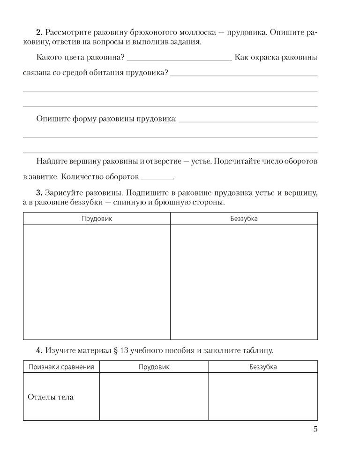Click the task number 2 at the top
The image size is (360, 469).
pos(39,33)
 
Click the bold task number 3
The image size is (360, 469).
pos(39,193)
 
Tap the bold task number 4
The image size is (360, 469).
pos(39,350)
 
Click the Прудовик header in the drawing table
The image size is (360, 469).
pos(97,219)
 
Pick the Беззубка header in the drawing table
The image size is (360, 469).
pos(244,219)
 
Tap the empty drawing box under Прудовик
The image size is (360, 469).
pos(97,282)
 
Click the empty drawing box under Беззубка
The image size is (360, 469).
pos(244,282)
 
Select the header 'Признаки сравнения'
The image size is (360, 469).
pos(61,367)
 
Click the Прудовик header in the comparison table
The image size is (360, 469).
pos(154,367)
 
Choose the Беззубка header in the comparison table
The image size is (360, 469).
pos(263,367)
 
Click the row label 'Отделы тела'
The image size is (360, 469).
pos(51,397)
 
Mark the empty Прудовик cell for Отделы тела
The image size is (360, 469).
pos(154,397)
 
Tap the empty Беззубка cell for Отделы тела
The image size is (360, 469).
pos(263,397)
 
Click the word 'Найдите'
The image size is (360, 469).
pos(52,161)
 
